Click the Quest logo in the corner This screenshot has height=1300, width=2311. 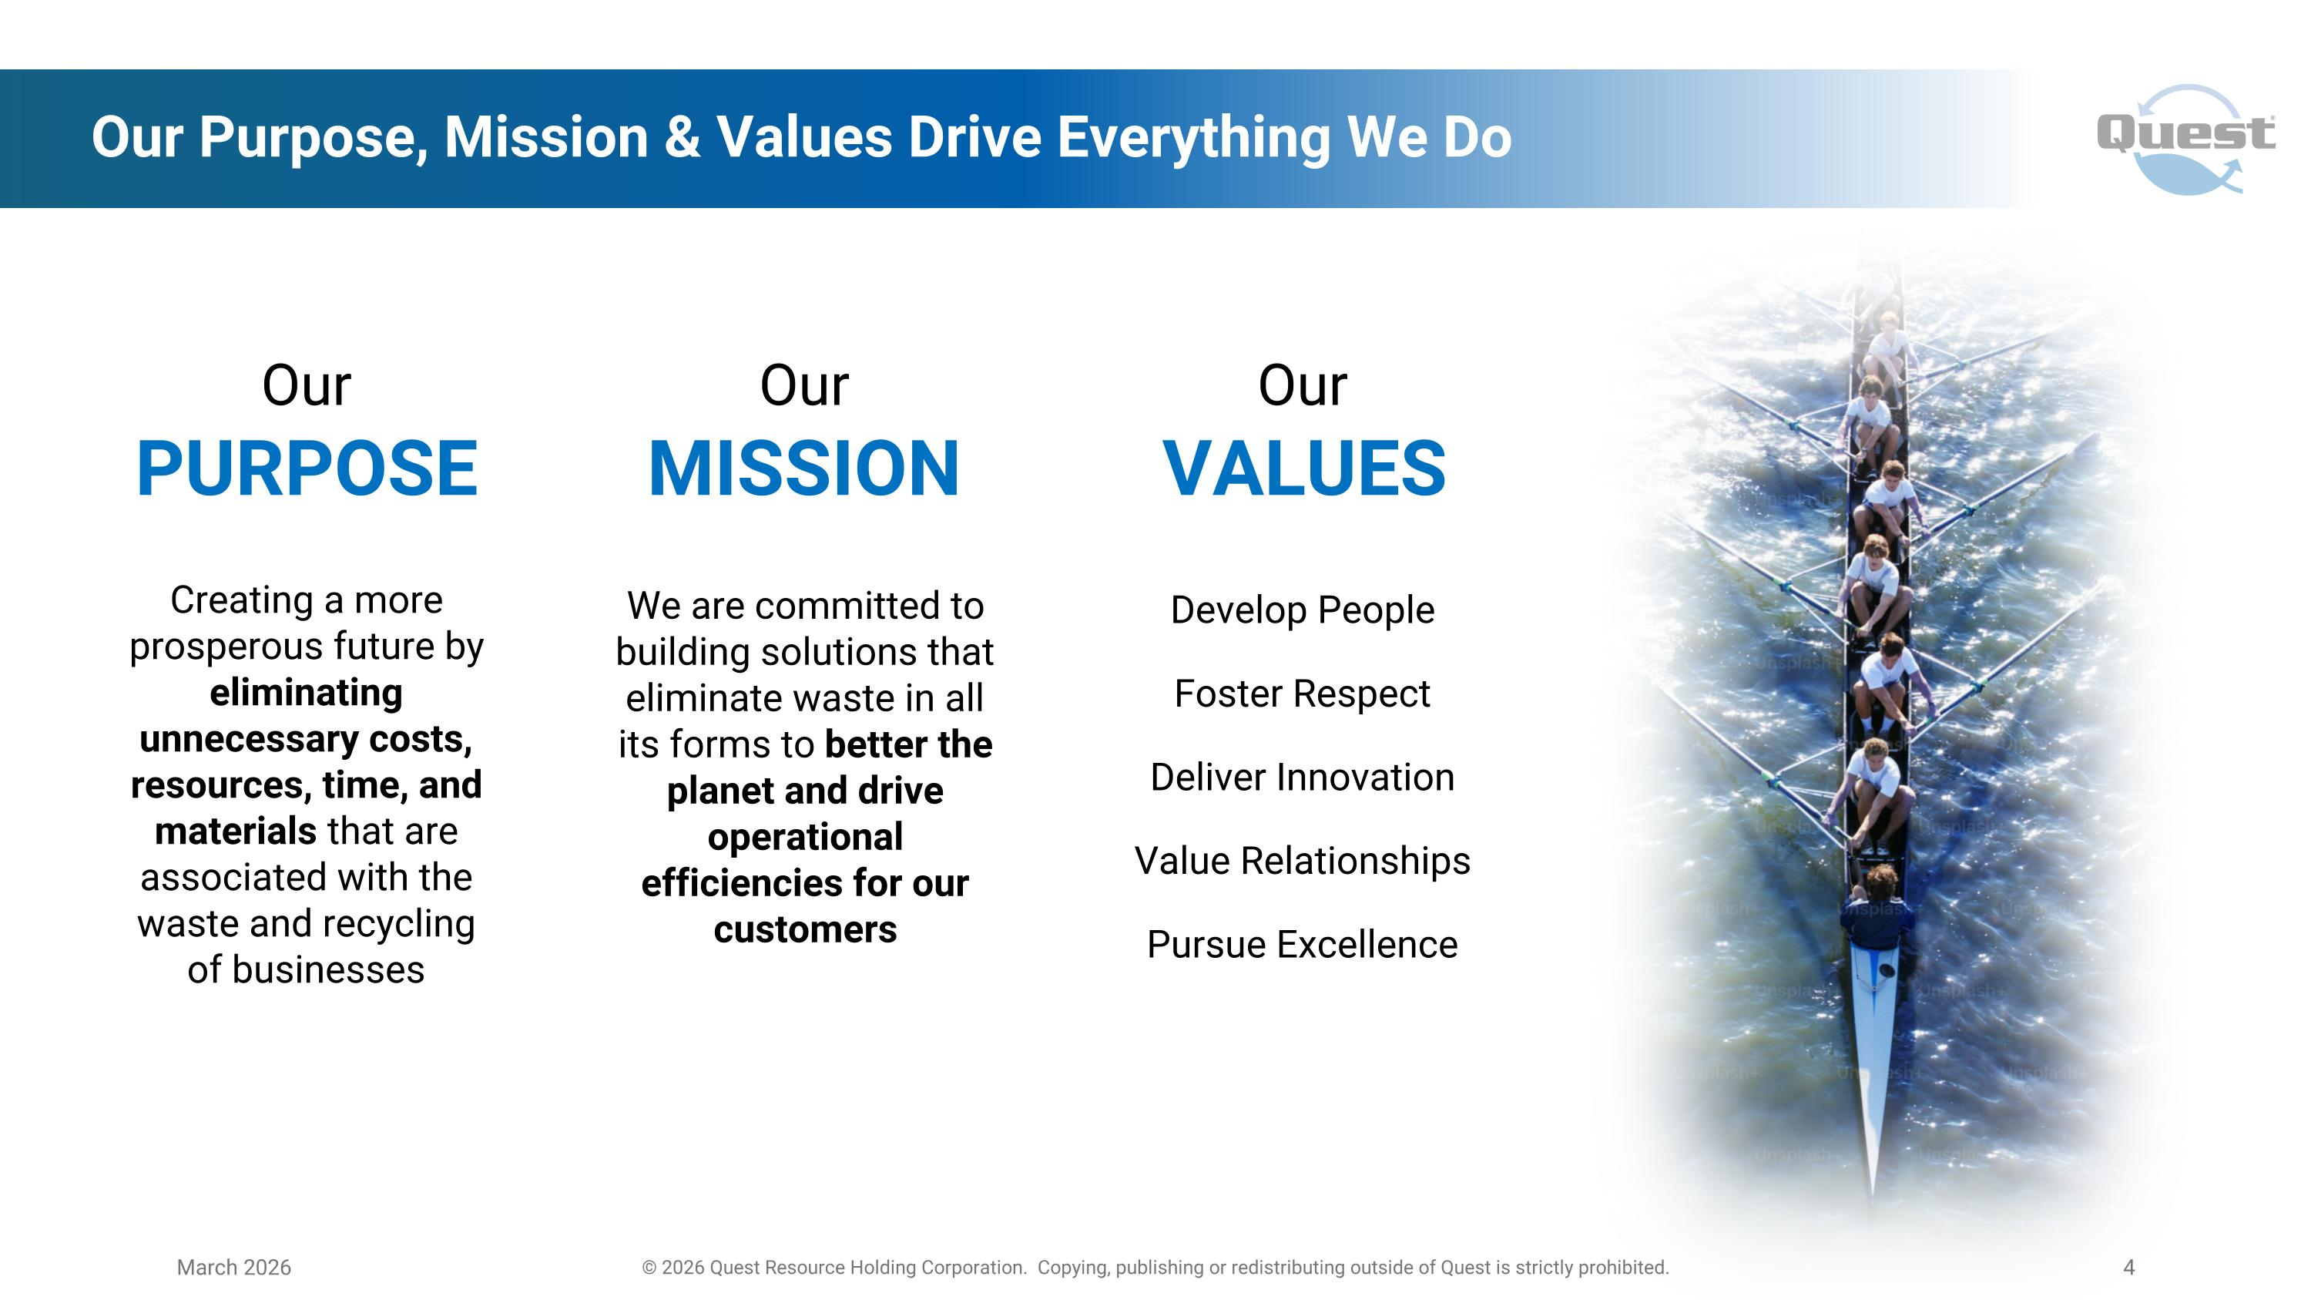pos(2185,139)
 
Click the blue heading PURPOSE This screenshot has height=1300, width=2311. pos(307,469)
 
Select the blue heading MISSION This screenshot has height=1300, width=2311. pos(803,469)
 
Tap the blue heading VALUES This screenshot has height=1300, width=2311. pos(1303,469)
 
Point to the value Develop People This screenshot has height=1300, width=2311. pos(1303,610)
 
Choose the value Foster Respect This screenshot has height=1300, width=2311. pos(1303,694)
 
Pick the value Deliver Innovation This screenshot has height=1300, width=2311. pos(1303,777)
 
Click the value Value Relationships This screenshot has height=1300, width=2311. pos(1303,862)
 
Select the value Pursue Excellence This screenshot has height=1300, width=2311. pos(1303,945)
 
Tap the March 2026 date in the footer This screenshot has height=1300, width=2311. pos(234,1268)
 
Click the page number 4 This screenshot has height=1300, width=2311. pos(2129,1268)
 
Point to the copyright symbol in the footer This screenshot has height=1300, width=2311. pos(649,1268)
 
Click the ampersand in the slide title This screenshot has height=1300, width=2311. pos(682,137)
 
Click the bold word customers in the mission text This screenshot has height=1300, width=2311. pos(805,930)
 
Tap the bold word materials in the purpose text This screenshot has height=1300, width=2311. pos(235,831)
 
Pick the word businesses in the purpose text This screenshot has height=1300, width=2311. pos(328,970)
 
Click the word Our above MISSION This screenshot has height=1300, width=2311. pos(803,386)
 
